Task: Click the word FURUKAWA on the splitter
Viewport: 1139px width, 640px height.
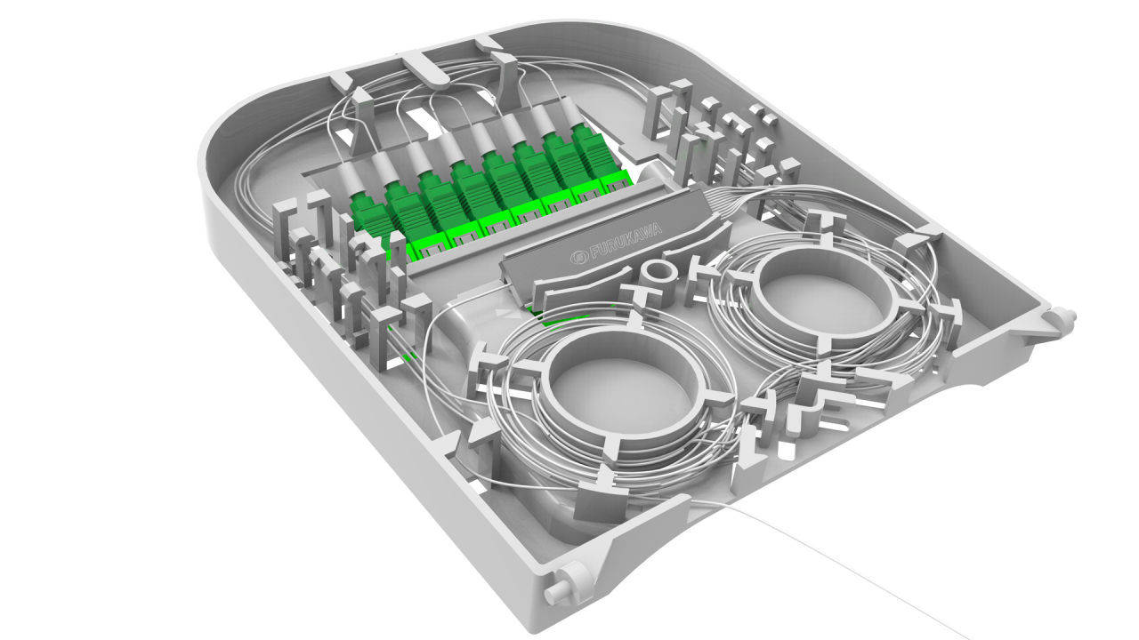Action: coord(626,240)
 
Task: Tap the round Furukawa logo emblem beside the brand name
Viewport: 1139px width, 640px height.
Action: coord(578,257)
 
